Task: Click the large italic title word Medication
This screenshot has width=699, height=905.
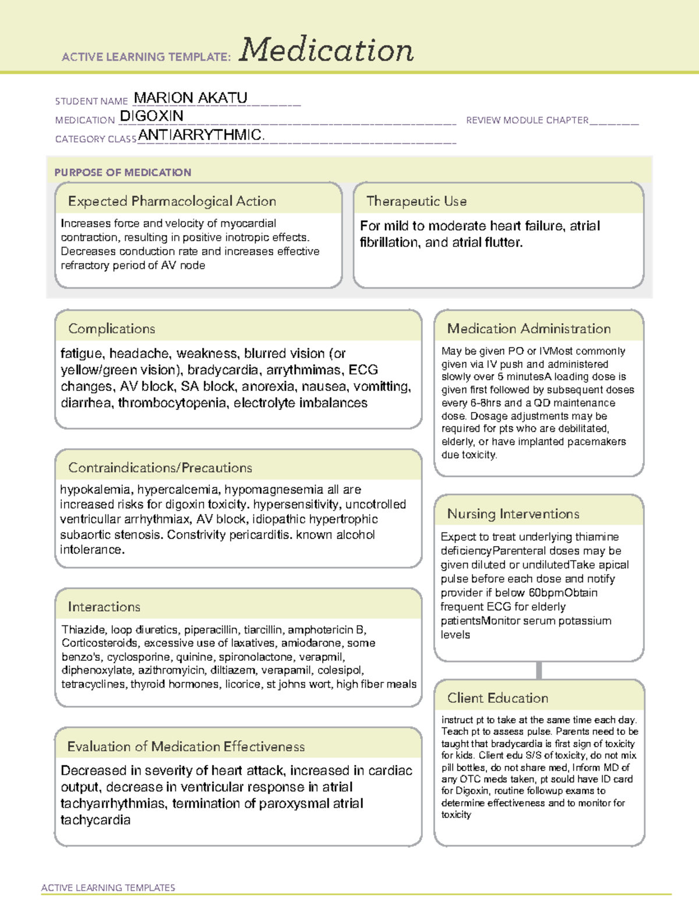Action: point(326,50)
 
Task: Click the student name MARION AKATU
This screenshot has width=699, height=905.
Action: point(190,98)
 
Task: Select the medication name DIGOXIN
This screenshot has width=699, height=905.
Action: point(151,116)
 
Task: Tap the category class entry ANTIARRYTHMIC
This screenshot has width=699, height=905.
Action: point(201,135)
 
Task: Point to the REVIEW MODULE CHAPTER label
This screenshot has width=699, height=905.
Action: point(527,120)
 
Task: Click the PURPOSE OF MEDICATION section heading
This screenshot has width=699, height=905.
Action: point(123,172)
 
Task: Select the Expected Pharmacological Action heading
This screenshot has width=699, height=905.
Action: point(172,201)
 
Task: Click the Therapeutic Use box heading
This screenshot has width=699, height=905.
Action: point(416,201)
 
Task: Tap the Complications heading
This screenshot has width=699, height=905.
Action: point(111,329)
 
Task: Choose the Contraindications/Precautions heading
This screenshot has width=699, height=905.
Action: point(160,467)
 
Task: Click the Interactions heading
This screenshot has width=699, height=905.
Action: point(104,607)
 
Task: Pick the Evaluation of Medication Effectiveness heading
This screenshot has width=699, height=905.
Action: point(186,746)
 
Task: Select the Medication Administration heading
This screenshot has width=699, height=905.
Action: point(529,329)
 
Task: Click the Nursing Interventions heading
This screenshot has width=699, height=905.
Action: point(513,513)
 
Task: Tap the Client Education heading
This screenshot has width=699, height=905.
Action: point(497,698)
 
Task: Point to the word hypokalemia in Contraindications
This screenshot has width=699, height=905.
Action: point(96,490)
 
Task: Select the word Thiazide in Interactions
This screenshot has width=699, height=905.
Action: point(83,629)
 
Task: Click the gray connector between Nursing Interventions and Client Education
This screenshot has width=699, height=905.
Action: point(539,670)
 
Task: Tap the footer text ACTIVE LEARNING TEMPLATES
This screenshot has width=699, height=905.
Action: point(108,888)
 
